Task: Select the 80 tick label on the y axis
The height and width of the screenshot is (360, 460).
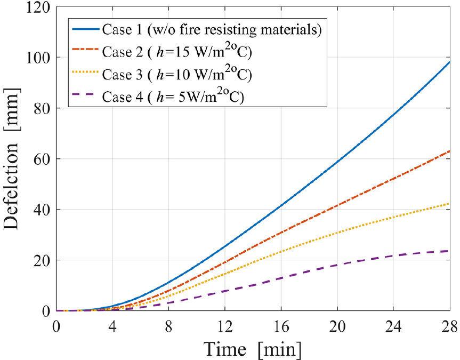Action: coord(42,109)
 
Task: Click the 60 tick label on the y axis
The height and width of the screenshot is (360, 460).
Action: coord(42,159)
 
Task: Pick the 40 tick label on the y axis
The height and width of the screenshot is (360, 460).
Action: coord(42,210)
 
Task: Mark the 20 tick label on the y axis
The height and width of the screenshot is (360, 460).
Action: coord(42,261)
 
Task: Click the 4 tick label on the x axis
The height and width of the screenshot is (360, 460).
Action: coord(112,325)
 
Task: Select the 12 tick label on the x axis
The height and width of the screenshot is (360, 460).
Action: coord(225,325)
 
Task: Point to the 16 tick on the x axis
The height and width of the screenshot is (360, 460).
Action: coord(281,325)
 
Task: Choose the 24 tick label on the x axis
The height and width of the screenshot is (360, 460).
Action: coord(393,325)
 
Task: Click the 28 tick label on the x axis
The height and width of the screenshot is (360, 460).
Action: coord(449,325)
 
